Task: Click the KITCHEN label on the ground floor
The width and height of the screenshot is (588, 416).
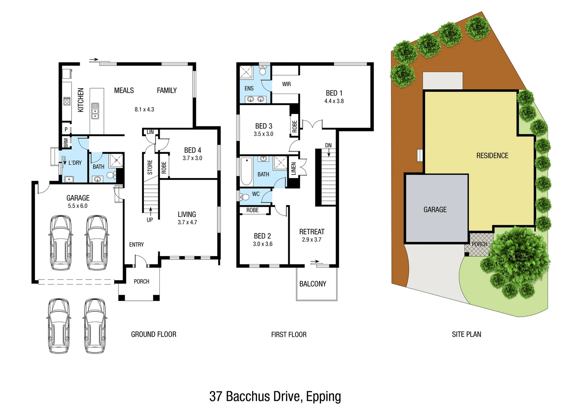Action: (x=80, y=100)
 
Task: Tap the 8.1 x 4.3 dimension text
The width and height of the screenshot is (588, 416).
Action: (x=144, y=109)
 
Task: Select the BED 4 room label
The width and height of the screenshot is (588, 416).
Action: (x=192, y=150)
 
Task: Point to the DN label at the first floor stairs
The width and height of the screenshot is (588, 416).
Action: (x=328, y=145)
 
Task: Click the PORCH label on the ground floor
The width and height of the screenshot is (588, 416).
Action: (x=141, y=282)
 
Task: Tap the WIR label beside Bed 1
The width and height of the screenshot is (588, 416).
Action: (x=286, y=84)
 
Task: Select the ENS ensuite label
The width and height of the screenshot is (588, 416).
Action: (x=249, y=88)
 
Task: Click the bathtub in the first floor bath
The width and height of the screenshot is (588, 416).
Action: (x=245, y=171)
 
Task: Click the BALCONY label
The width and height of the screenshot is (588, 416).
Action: (x=312, y=284)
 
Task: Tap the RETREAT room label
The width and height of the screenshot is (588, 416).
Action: (x=312, y=231)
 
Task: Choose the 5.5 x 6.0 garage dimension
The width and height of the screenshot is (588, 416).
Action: (x=78, y=206)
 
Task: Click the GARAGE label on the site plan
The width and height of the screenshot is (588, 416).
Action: (x=435, y=210)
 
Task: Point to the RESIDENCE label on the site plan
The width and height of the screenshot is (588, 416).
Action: (x=492, y=156)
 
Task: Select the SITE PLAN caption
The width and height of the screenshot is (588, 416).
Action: (x=466, y=334)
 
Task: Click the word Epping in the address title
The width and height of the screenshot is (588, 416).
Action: (x=323, y=396)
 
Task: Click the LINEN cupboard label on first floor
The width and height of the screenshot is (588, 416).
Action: (x=294, y=169)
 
